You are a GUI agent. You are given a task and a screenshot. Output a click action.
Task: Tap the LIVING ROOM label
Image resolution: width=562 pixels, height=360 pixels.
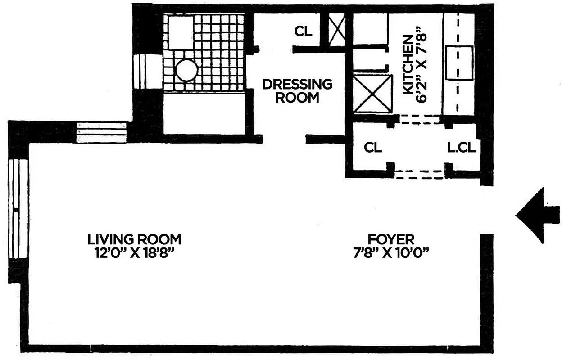(134, 238)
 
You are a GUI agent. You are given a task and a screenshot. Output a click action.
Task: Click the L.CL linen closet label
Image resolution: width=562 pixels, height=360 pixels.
(461, 147)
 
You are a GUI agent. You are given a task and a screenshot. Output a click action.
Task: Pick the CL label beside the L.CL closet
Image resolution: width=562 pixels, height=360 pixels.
(373, 147)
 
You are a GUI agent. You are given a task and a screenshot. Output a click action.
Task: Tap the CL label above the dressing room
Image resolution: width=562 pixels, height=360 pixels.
(303, 31)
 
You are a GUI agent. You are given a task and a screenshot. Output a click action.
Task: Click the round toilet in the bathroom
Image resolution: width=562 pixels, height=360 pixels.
(186, 71)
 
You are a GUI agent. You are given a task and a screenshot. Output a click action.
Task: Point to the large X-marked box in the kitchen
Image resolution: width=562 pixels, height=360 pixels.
(372, 94)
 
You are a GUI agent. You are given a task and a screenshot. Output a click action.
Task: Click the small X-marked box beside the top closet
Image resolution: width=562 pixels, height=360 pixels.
(336, 30)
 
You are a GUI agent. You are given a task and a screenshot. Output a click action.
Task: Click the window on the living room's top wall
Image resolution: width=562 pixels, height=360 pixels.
(101, 132)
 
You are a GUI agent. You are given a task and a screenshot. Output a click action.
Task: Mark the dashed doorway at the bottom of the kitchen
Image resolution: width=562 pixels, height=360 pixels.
(420, 119)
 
